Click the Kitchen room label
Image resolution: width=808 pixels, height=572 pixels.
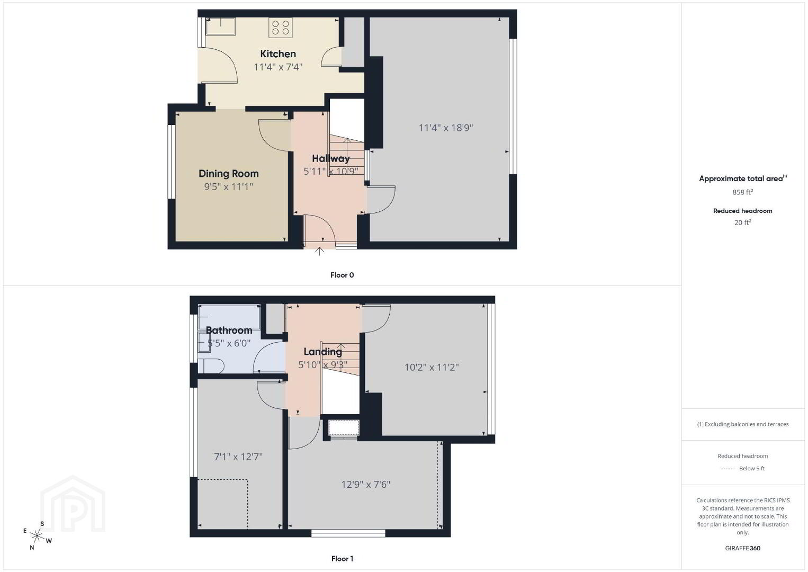pyautogui.click(x=278, y=54)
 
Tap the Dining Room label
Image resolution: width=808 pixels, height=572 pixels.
pyautogui.click(x=229, y=174)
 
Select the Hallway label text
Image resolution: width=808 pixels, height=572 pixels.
pyautogui.click(x=331, y=158)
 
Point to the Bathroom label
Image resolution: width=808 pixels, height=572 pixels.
pyautogui.click(x=229, y=330)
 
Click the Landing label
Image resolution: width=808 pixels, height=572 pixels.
pyautogui.click(x=322, y=352)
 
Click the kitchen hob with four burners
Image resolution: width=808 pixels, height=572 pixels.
pyautogui.click(x=280, y=28)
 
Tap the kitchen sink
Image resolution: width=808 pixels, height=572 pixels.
pyautogui.click(x=220, y=26)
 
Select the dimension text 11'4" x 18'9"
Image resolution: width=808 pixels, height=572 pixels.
pyautogui.click(x=445, y=128)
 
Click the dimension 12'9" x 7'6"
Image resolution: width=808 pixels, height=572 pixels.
pyautogui.click(x=366, y=484)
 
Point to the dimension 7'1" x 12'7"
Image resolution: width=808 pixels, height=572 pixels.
pyautogui.click(x=238, y=457)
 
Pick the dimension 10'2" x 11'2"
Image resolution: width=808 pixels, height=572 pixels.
pyautogui.click(x=432, y=368)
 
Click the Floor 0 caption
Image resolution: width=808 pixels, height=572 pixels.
pyautogui.click(x=342, y=275)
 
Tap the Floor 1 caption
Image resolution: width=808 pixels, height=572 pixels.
pyautogui.click(x=342, y=559)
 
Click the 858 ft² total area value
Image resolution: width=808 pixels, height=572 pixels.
pyautogui.click(x=742, y=192)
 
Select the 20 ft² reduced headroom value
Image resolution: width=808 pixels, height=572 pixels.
pyautogui.click(x=742, y=222)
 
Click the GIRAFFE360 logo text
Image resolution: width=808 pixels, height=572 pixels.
pyautogui.click(x=742, y=548)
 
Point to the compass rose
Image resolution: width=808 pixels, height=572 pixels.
pyautogui.click(x=37, y=536)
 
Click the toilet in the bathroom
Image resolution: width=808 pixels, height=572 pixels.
pyautogui.click(x=211, y=365)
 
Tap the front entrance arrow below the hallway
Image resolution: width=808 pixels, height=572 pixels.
pyautogui.click(x=319, y=251)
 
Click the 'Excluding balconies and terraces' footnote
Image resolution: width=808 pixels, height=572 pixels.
pyautogui.click(x=743, y=424)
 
